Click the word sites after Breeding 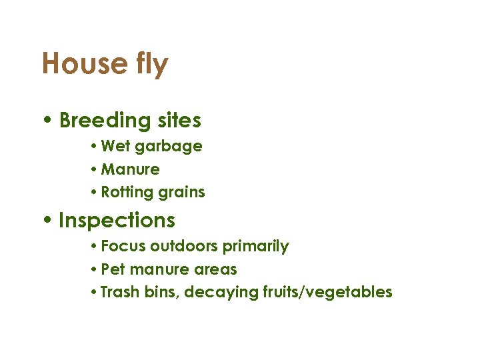179,121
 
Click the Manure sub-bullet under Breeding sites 130,169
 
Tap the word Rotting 127,193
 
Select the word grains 181,193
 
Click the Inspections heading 117,221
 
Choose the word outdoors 184,246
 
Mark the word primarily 256,247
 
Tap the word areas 215,269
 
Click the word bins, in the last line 162,292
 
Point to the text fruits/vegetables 323,293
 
